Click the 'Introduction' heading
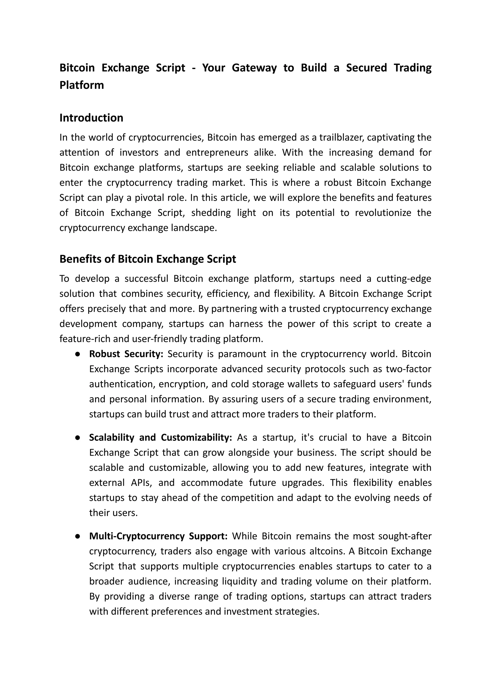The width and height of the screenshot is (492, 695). (x=91, y=118)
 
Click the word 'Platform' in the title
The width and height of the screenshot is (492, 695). (x=81, y=85)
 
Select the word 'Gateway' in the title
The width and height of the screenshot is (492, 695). (x=254, y=68)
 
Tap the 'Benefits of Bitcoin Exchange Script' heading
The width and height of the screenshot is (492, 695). (x=148, y=259)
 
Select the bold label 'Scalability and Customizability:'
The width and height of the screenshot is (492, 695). (x=160, y=437)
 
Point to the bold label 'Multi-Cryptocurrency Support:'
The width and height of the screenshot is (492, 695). (x=158, y=536)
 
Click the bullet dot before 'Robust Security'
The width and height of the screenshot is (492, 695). (x=78, y=354)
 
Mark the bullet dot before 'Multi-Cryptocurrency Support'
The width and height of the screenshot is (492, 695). (x=78, y=536)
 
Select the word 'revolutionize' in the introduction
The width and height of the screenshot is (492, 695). (x=383, y=213)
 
